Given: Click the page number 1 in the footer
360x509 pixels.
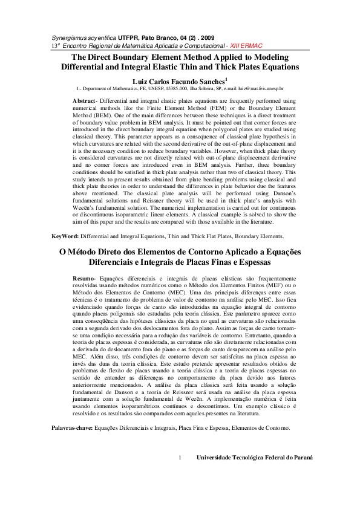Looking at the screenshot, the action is (x=180, y=458).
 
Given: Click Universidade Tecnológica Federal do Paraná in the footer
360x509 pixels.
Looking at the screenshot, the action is (x=255, y=458).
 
